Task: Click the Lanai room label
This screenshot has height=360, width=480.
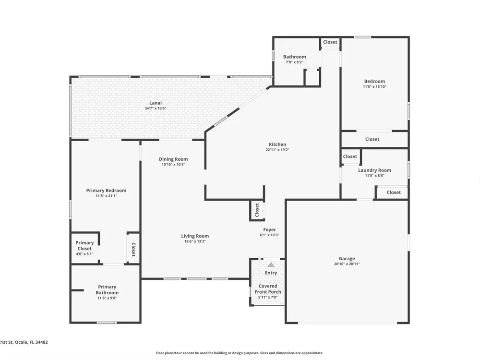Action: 156,103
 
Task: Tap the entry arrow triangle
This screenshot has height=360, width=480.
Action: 271,265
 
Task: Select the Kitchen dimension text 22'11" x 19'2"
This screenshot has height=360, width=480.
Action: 277,150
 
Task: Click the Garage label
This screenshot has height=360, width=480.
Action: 347,259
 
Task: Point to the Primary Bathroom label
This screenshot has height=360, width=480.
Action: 107,289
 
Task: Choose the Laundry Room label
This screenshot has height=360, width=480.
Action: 374,170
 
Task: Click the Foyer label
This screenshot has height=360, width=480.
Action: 269,229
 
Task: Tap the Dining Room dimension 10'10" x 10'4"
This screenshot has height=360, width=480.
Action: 173,165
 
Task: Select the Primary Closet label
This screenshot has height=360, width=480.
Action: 84,245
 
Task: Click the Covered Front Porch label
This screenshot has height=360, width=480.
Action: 268,289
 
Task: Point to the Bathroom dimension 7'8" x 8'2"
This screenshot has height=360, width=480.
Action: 295,62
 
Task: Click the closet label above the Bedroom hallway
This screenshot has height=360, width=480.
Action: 330,42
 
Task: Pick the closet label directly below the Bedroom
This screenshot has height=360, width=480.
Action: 372,139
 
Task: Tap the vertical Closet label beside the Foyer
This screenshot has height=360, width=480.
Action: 257,210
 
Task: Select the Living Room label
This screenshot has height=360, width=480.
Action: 195,236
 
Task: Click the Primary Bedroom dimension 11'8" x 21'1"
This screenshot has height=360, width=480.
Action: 106,196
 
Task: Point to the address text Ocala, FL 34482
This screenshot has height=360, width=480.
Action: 32,342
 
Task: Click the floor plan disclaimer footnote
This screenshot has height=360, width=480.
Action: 240,353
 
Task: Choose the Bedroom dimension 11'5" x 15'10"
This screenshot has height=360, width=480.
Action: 374,86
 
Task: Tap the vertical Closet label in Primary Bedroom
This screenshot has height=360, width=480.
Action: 133,250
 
